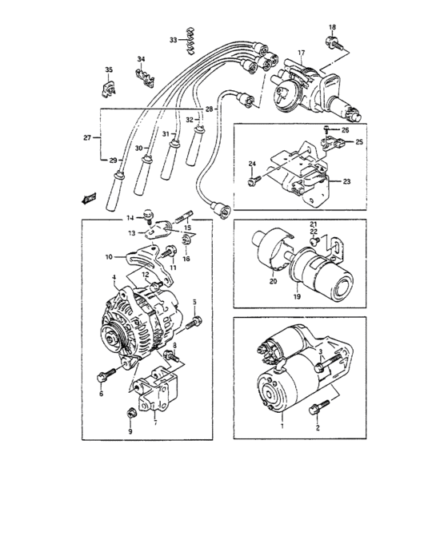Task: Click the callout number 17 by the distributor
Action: (x=301, y=54)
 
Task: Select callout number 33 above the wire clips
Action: (x=173, y=40)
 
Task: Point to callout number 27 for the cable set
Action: (x=87, y=138)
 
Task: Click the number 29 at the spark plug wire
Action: (x=113, y=161)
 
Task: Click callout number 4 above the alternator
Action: (x=114, y=278)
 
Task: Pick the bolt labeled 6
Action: (x=104, y=375)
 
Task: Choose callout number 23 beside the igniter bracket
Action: (x=346, y=181)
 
